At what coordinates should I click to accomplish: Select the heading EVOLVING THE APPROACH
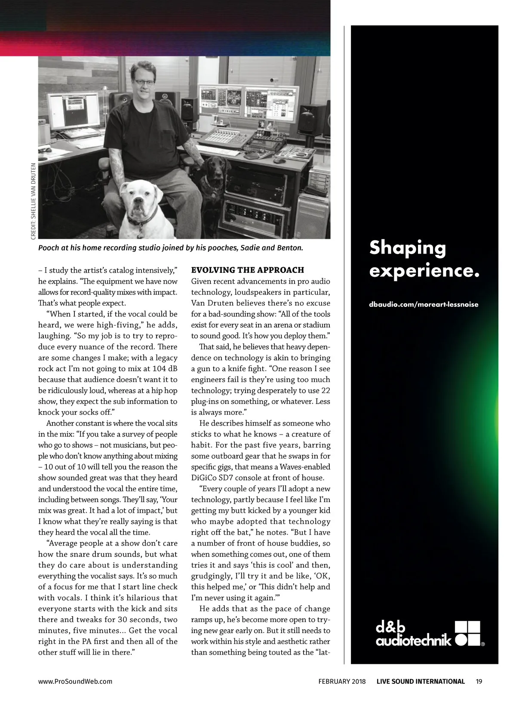coord(247,270)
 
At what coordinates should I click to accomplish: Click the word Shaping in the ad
coord(408,248)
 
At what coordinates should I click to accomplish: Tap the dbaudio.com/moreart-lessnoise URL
coord(424,304)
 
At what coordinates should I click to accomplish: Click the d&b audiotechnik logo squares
coord(467,633)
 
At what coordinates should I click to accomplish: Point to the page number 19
coord(479,681)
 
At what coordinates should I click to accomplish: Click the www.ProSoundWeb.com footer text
coord(75,681)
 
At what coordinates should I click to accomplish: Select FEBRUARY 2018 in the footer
coord(342,681)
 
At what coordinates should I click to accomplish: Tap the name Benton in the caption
coord(289,248)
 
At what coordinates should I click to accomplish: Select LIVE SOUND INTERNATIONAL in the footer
coord(421,681)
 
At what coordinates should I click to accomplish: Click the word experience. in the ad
coord(424,271)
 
